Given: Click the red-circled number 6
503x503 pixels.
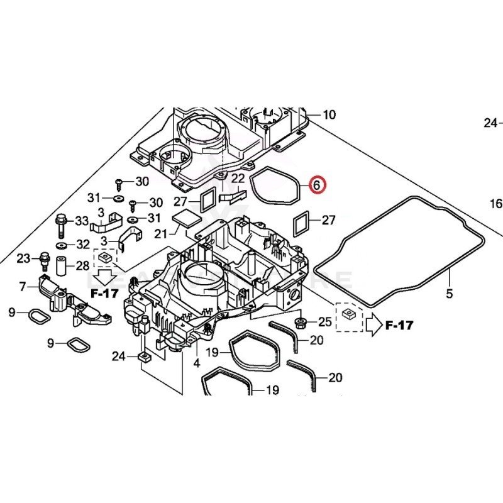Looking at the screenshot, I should click(317, 185).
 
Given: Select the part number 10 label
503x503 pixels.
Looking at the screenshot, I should click(329, 115).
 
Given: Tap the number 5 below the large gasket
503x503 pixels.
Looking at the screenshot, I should click(449, 293).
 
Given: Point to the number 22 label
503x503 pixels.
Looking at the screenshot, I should click(238, 179).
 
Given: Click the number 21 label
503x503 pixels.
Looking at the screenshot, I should click(162, 234).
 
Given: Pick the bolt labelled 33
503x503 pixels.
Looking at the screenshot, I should click(61, 222).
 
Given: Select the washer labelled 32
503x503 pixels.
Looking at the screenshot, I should click(62, 244).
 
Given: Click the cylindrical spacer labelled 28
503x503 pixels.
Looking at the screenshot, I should click(62, 265).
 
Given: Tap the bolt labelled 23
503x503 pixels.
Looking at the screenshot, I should click(44, 258).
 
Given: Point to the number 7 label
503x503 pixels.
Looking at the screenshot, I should click(23, 287).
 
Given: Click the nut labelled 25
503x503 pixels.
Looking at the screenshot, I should click(301, 324).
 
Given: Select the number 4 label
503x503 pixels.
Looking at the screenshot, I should click(196, 363).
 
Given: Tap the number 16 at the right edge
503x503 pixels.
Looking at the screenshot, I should click(496, 204).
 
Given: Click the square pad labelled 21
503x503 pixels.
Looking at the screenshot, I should click(186, 218).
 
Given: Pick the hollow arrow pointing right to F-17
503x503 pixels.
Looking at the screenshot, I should click(373, 324).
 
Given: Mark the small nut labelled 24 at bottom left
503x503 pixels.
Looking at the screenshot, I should click(143, 357).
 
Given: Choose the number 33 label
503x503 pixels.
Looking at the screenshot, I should click(82, 221).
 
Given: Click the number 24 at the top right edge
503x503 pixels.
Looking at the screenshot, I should click(491, 123).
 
